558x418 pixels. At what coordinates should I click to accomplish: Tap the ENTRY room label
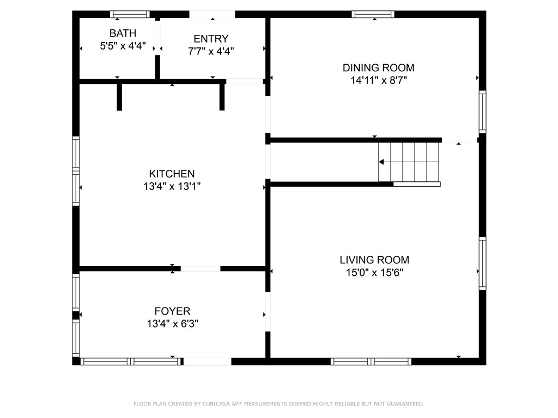211,39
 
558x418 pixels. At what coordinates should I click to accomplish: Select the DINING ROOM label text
378,68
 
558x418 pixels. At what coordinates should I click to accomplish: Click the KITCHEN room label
172,174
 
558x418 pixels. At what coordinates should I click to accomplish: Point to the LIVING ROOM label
374,260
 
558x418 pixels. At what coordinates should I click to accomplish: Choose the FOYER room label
172,311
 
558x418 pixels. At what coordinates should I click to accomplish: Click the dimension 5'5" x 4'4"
123,46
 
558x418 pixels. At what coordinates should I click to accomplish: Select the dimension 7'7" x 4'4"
211,51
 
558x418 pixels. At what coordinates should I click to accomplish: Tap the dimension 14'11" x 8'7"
378,81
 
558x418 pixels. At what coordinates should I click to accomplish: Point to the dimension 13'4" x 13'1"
172,186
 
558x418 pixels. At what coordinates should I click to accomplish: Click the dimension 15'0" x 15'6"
374,273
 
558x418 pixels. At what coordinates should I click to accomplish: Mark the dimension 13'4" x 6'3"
172,324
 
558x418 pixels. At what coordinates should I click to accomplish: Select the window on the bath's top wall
130,14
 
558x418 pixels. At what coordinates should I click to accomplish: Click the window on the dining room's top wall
373,14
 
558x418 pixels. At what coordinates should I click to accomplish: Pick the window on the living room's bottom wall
371,361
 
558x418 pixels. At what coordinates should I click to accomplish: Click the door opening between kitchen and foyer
201,268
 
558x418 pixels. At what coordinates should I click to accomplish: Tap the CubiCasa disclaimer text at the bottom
279,404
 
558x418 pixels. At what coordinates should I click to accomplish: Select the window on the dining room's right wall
482,112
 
